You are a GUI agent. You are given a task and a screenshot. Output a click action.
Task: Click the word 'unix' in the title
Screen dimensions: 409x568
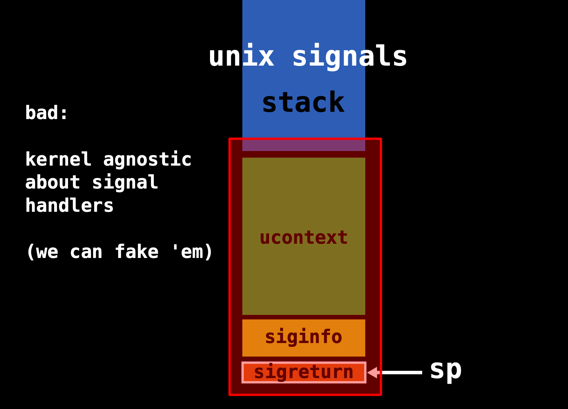point(241,57)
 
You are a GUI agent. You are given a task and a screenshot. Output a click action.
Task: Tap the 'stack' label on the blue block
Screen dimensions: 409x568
point(303,103)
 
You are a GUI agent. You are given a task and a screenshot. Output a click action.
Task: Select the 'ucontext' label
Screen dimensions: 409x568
point(304,238)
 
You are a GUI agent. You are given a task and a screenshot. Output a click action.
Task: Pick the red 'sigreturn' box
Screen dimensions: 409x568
point(304,372)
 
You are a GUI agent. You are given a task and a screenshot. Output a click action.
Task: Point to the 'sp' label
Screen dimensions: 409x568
point(446,370)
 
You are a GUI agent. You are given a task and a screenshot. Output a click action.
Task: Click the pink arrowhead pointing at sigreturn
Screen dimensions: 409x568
point(373,373)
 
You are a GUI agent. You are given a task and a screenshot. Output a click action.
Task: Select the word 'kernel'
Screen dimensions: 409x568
point(58,160)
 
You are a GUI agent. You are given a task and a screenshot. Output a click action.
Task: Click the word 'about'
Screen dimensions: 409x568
point(53,183)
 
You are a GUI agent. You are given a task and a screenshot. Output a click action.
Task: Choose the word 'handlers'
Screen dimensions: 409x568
point(69,206)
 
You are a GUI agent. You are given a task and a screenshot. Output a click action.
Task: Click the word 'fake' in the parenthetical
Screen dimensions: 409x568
point(136,252)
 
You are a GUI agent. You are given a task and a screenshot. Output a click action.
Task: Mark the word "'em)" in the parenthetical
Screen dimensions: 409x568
point(192,252)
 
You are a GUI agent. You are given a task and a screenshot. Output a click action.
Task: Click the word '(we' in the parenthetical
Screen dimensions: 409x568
point(42,252)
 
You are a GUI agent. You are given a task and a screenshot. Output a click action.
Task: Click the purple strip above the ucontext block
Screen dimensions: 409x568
point(304,145)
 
